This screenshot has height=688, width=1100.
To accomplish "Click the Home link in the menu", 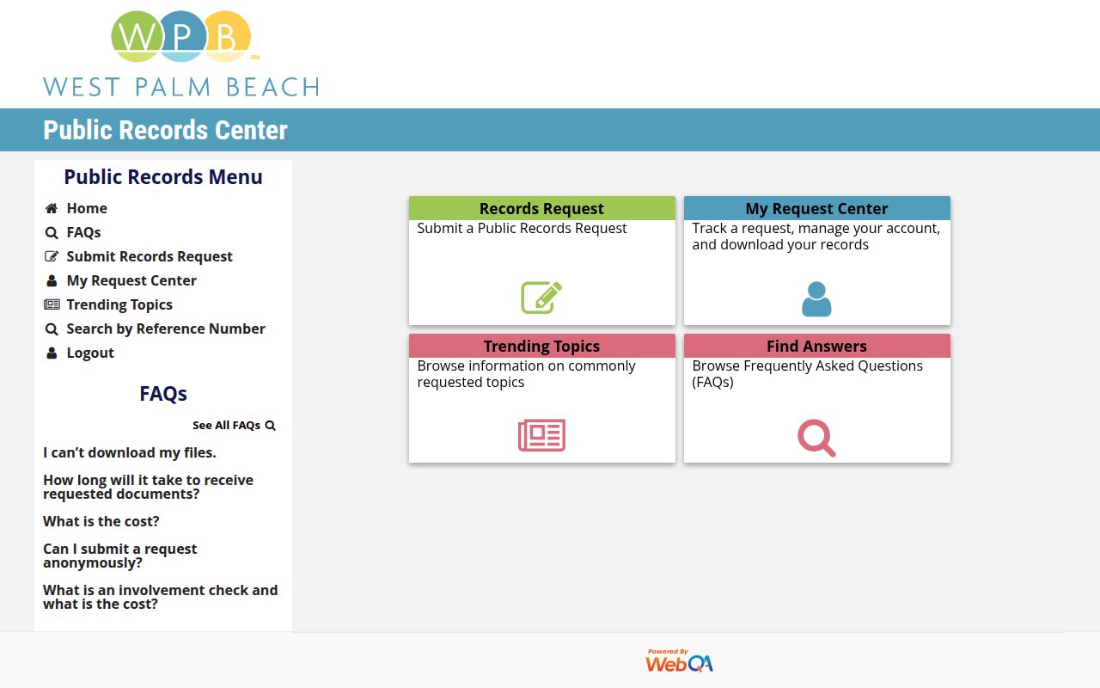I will [x=86, y=208].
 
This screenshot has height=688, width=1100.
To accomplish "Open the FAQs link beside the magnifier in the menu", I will [x=83, y=232].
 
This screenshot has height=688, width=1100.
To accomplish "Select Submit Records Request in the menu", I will [x=149, y=256].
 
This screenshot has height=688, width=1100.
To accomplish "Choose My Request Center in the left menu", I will [x=131, y=280].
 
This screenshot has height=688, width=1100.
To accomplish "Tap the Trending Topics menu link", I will [x=119, y=304].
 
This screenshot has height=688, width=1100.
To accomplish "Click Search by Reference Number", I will [x=165, y=329].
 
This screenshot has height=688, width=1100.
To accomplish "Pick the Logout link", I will [x=89, y=353].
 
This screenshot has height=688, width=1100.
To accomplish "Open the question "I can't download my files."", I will [x=130, y=452].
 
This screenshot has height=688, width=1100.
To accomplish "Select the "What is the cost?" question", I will [x=101, y=521].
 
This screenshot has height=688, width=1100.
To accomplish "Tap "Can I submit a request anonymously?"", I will [x=119, y=556].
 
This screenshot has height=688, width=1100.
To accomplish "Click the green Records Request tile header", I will [x=541, y=208].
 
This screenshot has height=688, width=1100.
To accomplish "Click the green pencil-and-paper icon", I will [x=541, y=298].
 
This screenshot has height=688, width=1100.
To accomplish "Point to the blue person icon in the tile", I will [x=816, y=298].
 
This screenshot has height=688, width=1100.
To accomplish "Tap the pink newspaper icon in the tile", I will [x=541, y=435].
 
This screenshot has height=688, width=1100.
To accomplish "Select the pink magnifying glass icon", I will [x=816, y=437].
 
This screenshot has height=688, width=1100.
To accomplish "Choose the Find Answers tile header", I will [x=816, y=346].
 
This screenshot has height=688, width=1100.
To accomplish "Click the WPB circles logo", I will [x=180, y=36].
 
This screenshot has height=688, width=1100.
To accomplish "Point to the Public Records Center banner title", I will [x=165, y=130].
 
